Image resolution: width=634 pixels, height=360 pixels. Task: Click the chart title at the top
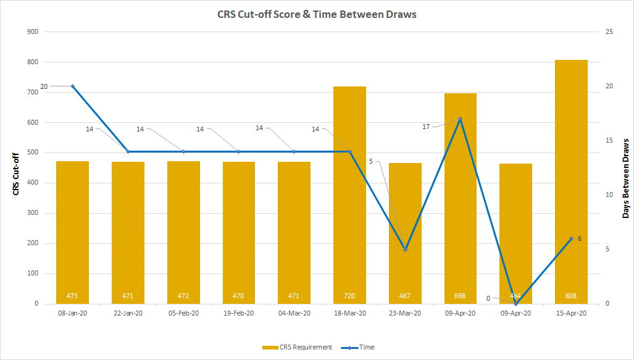317,14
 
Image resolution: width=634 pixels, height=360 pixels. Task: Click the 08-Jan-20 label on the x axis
72,313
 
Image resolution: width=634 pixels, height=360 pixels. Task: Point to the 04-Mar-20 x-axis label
294,313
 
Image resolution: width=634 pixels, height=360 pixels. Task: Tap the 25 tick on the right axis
609,31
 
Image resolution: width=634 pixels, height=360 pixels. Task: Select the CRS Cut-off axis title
16,174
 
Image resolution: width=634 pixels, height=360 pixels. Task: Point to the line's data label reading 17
426,127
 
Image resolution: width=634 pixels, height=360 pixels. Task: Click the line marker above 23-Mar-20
405,249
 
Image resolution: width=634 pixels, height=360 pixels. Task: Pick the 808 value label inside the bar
571,296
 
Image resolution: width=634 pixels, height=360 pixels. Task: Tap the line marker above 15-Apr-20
571,238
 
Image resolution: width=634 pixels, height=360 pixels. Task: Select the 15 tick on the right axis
609,140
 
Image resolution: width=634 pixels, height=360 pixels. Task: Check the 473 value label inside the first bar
72,296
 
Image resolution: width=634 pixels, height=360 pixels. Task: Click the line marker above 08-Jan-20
72,86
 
